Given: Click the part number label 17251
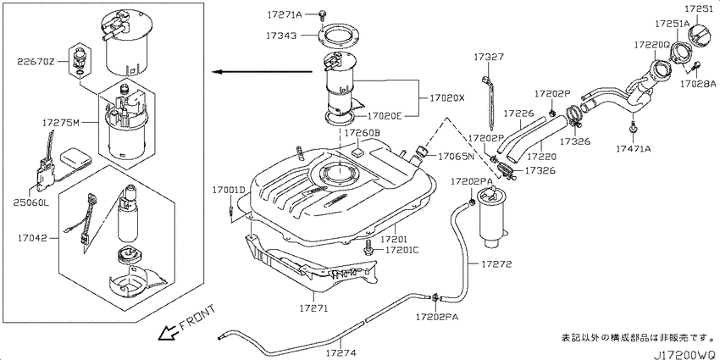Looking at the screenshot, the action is tap(701, 8).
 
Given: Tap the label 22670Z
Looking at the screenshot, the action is tap(36, 61).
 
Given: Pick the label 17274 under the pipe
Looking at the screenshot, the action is tap(341, 352).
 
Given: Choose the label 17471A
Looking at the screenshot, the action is tap(634, 148).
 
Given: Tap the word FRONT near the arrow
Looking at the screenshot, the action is tap(197, 318).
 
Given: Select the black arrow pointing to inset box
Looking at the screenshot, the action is tap(262, 72).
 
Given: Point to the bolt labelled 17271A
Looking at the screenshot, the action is tap(321, 14).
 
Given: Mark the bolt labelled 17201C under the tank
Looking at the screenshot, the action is tap(368, 249).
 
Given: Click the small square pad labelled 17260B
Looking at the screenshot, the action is tap(357, 150).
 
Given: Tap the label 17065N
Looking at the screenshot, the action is tap(456, 157).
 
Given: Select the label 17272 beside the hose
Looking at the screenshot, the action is tap(496, 264).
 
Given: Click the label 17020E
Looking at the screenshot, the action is tap(385, 116).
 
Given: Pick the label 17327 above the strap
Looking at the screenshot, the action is tap(489, 57).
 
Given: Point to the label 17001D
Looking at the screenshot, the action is tap(230, 190).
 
